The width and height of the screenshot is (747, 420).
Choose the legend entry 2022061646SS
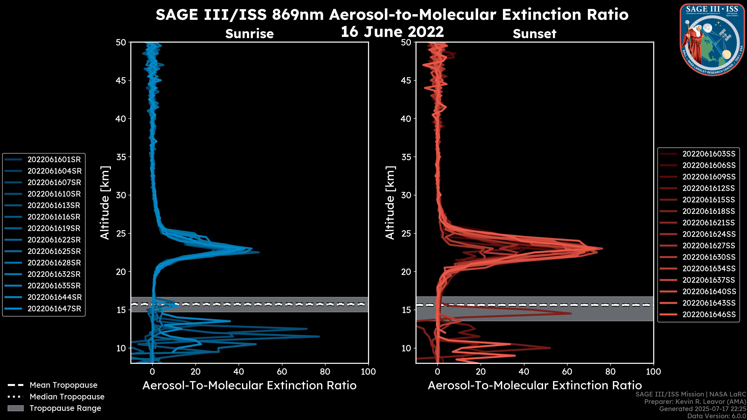709,314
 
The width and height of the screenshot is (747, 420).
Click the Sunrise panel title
249,34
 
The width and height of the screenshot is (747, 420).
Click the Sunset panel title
534,34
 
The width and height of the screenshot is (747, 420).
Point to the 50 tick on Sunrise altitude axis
121,42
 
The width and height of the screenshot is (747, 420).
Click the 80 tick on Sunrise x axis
325,371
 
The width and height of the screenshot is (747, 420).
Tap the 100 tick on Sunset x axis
654,371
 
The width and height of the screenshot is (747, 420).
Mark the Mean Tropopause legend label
63,385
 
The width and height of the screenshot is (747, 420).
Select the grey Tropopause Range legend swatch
15,408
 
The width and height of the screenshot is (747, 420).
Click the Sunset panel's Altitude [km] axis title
390,203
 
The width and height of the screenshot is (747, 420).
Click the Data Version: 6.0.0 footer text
717,416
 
